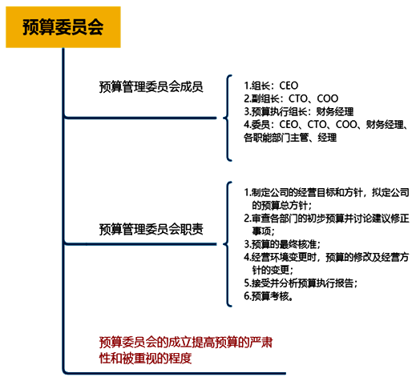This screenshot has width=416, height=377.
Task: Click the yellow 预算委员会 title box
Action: click(x=63, y=27)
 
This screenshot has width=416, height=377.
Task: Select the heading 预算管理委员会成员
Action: click(x=151, y=86)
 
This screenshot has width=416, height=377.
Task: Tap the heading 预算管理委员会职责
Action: click(x=151, y=229)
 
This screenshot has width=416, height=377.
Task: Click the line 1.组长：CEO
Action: click(x=271, y=86)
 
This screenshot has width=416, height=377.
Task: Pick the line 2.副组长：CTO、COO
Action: click(x=291, y=98)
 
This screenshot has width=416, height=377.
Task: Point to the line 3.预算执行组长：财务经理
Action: click(x=299, y=111)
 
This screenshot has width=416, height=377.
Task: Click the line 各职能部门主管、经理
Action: click(x=290, y=138)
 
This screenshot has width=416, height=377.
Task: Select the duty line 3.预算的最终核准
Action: click(x=282, y=244)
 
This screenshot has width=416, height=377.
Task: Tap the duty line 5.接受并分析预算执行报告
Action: click(x=301, y=283)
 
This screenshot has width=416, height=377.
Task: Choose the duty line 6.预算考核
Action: click(x=268, y=296)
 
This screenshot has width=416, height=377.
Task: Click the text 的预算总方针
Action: click(x=281, y=206)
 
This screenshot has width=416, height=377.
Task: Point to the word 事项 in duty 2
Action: click(x=263, y=231)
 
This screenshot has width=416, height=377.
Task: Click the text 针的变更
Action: click(x=273, y=270)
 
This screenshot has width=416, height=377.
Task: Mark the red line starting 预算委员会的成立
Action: click(x=186, y=343)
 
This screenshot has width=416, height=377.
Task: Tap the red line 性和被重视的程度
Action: click(x=146, y=358)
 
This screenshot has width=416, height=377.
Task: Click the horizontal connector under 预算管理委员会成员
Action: click(x=140, y=118)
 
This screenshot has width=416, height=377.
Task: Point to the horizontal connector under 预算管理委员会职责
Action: click(x=140, y=244)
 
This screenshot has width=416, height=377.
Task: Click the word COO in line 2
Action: click(x=328, y=98)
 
